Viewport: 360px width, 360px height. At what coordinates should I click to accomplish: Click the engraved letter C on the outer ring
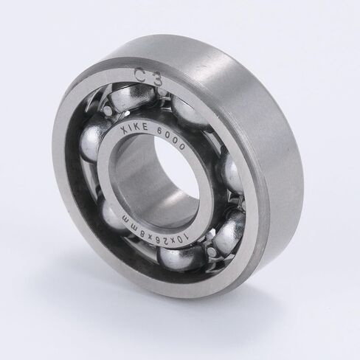[x=142, y=74]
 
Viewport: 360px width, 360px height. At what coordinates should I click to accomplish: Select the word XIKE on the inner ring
[x=134, y=128]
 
